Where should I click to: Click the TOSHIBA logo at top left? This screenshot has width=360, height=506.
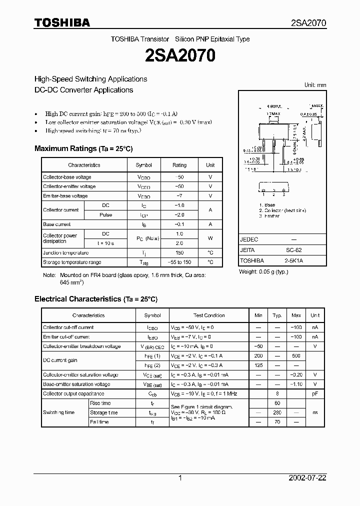click(62, 22)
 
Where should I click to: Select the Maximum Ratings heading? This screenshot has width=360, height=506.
click(83, 148)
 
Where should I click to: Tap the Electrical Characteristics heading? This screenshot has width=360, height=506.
click(95, 299)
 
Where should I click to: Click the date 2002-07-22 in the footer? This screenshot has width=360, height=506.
click(307, 478)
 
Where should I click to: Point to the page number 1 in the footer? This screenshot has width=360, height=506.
click(180, 478)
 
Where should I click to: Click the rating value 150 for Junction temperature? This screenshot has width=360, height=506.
click(179, 253)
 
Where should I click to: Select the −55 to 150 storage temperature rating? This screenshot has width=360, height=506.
click(179, 262)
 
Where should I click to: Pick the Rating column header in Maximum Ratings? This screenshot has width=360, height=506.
click(179, 165)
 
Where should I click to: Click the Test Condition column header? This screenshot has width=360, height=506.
click(209, 315)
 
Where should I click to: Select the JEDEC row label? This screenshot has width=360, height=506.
click(249, 239)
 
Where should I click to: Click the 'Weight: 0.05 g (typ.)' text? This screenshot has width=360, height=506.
click(263, 271)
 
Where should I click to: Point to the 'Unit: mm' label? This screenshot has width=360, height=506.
click(315, 85)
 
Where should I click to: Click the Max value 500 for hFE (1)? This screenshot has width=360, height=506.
click(296, 356)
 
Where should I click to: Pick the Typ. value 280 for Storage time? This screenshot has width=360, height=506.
click(277, 413)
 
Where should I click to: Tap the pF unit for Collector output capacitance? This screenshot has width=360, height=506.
click(315, 394)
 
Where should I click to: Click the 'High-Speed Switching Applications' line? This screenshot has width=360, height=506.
click(90, 79)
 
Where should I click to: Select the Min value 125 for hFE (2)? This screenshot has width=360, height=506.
click(258, 365)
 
